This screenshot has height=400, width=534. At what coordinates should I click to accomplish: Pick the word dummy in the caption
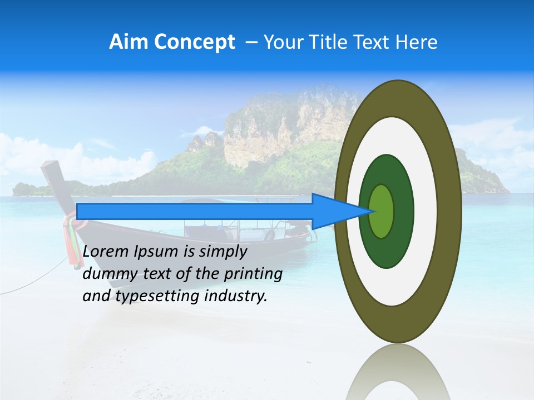coord(106,274)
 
